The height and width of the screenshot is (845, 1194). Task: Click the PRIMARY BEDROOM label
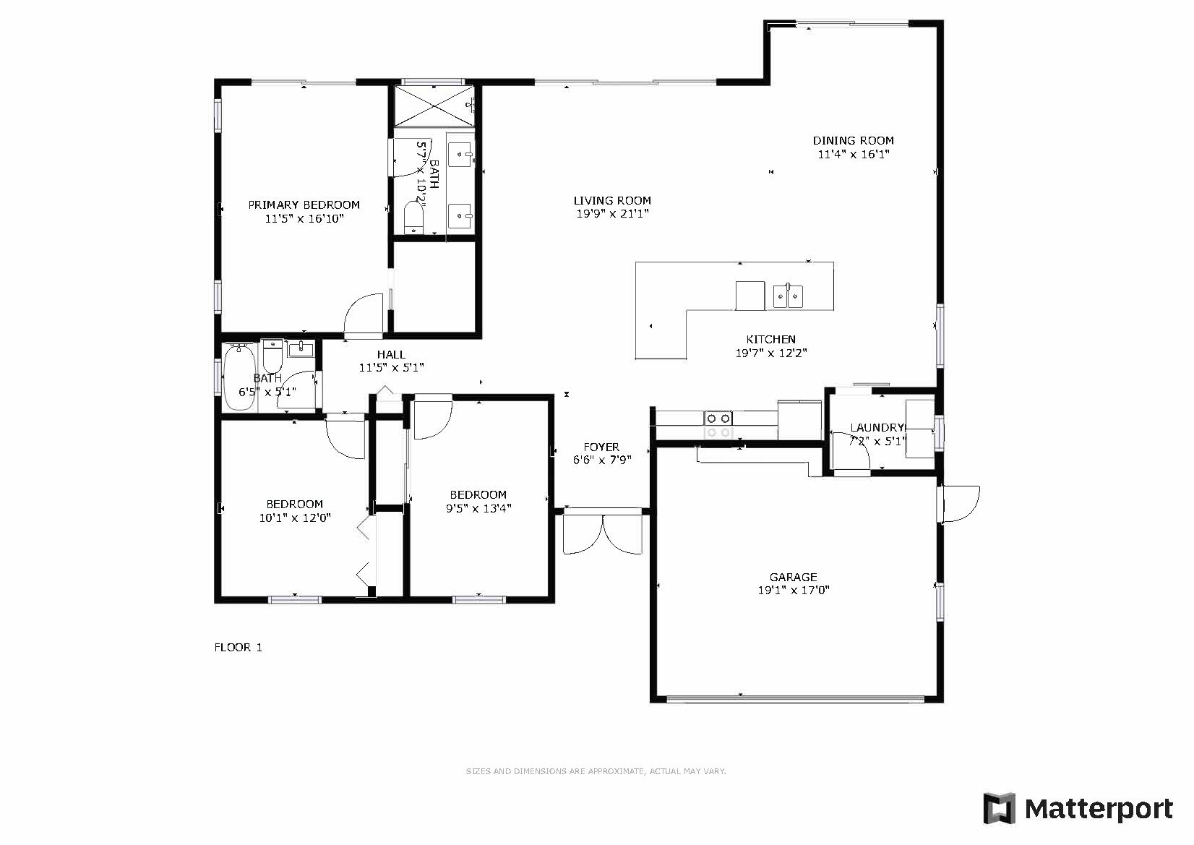[304, 205]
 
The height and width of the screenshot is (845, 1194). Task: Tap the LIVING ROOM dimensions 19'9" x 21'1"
[612, 214]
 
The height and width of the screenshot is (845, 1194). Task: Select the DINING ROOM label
[854, 141]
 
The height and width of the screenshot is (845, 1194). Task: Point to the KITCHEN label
[770, 340]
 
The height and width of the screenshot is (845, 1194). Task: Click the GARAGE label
[793, 577]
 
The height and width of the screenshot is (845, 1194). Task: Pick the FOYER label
[601, 447]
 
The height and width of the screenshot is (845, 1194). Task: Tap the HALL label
[391, 354]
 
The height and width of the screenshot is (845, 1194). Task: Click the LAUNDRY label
[877, 428]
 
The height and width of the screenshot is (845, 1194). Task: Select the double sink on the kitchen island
[789, 296]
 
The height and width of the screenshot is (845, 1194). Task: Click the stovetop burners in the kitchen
[718, 426]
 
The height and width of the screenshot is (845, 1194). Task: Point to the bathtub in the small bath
[239, 377]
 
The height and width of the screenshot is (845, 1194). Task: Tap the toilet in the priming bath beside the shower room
[413, 217]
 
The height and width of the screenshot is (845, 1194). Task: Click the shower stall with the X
[434, 106]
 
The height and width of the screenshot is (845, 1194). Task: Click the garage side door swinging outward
[960, 504]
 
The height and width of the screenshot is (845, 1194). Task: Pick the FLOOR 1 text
[239, 648]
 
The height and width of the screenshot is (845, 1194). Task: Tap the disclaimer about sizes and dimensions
[596, 771]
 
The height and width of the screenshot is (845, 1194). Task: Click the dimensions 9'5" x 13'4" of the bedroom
[478, 509]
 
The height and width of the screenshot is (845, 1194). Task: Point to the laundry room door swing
[851, 452]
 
